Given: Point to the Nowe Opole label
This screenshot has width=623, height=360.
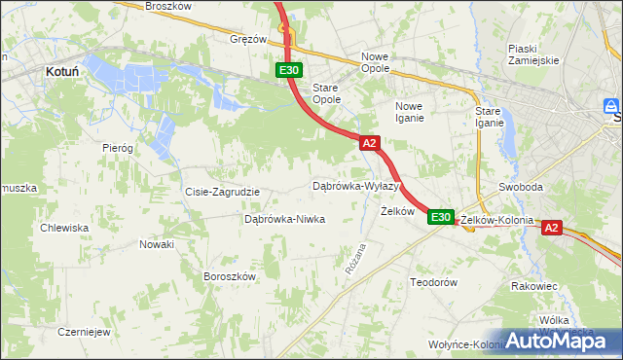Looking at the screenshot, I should coord(375,62).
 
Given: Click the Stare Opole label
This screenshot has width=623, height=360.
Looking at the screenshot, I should coord(326,93).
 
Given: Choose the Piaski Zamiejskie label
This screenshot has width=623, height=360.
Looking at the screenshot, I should coord(532,54).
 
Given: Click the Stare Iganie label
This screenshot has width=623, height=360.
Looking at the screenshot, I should coord(489,117).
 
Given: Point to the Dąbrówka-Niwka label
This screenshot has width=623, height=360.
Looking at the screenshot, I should coord(284,219).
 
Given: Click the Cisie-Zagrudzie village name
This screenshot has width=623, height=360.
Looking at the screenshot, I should coord(223,192).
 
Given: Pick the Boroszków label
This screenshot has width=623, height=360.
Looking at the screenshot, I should coord(229,276).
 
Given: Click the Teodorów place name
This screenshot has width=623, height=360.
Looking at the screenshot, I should coord(433,281).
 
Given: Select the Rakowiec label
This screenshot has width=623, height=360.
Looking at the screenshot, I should coord(533,286).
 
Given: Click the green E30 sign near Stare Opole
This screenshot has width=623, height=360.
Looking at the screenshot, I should coord(289,70).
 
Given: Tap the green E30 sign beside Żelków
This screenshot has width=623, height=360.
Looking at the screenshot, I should coord(441,217).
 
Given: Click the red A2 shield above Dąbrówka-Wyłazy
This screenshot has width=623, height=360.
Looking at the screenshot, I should coord(369,143).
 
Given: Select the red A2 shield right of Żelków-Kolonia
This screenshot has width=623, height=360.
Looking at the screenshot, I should coord(551,228).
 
